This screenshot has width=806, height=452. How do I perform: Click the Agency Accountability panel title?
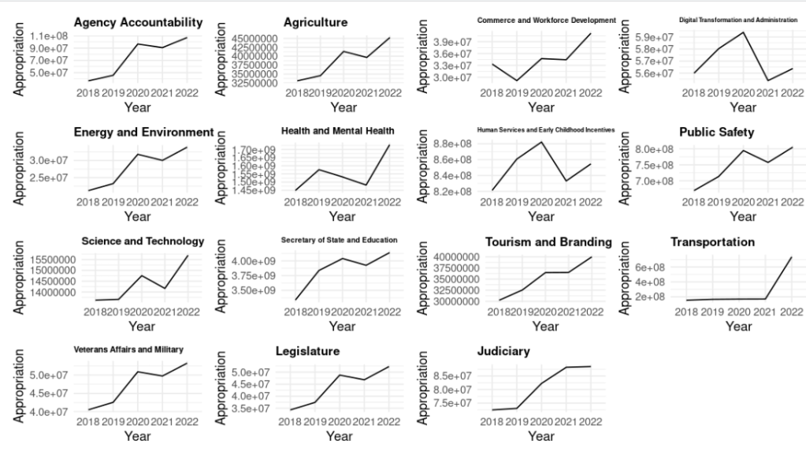coord(138,23)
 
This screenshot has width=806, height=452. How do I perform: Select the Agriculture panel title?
coord(315,23)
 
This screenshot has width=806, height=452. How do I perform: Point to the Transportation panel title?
coord(712,241)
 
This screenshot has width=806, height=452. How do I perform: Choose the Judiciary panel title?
coord(503,351)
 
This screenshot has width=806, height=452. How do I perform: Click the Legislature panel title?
coord(307,351)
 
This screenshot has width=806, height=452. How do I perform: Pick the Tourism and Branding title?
coord(548,241)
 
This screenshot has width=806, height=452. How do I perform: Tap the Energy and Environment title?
coord(143,132)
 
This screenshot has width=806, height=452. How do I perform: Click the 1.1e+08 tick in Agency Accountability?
coord(49,36)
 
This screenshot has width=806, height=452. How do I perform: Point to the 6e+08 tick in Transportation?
coord(652,267)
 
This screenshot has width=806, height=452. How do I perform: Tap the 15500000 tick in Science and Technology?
coord(53,260)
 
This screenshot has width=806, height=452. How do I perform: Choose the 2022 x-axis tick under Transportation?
coord(786,312)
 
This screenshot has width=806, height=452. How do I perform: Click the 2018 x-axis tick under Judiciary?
coord(491,421)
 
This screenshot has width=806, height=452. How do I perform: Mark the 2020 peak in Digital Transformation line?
coord(743,32)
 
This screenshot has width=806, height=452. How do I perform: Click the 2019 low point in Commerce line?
coord(516,80)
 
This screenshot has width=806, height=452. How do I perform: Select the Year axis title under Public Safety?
coord(742,216)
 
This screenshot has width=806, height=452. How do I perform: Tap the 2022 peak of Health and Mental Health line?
coord(389,145)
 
